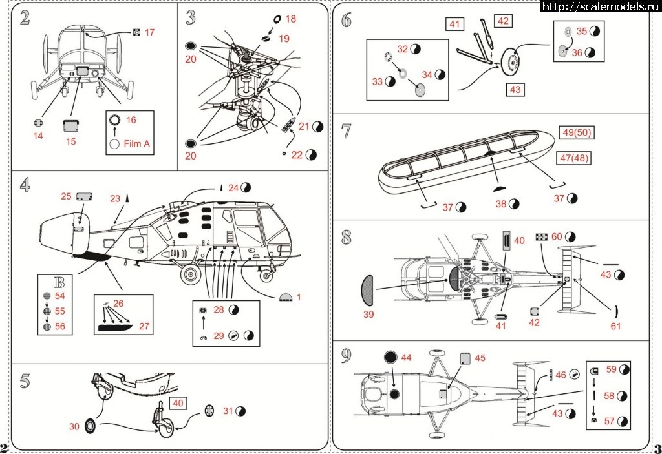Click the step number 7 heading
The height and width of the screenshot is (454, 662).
point(347,131)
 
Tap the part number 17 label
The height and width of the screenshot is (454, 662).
point(149,32)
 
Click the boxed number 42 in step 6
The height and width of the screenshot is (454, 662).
point(504,21)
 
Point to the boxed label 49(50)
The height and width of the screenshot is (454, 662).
point(577,133)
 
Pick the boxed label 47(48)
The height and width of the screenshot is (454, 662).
point(575,158)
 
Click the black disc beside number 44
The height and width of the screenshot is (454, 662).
point(390,358)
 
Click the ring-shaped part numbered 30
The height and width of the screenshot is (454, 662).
point(90,426)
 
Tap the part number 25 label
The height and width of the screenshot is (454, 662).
point(67,196)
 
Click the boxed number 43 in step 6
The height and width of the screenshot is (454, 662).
point(515,90)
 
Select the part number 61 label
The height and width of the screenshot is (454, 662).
point(615,326)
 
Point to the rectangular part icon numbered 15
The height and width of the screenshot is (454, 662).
point(70,125)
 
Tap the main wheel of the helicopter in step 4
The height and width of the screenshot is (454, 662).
point(190,276)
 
